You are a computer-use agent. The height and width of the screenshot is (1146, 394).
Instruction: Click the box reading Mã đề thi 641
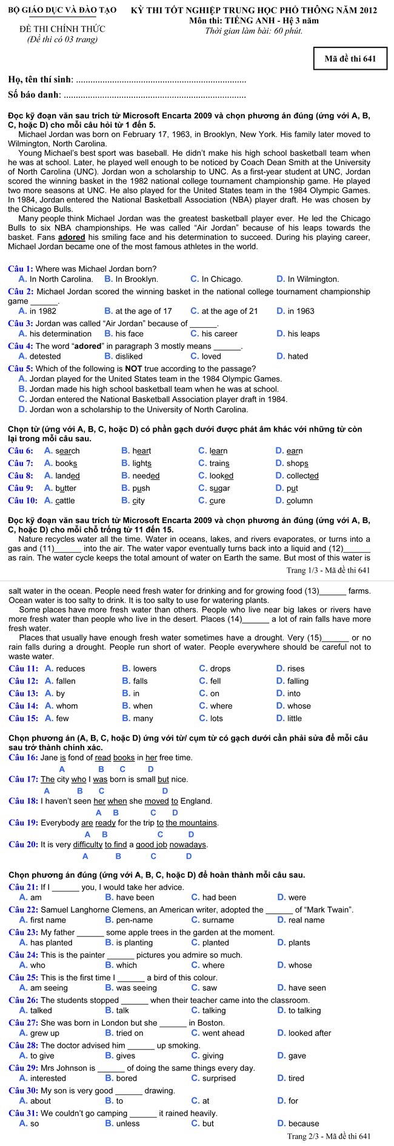click(x=350, y=59)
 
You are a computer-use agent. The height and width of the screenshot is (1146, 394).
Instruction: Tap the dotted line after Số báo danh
click(x=155, y=95)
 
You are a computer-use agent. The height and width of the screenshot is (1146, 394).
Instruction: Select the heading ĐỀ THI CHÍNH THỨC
click(x=62, y=29)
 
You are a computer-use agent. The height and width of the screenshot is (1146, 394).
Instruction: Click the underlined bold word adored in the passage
click(x=72, y=238)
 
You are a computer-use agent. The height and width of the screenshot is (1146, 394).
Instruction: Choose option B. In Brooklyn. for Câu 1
click(x=131, y=279)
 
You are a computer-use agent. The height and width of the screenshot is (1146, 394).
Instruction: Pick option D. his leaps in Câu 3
click(x=298, y=334)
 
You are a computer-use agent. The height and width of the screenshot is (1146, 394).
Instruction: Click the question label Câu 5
click(x=21, y=368)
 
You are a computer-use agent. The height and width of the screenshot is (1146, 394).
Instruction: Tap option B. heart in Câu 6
click(x=136, y=451)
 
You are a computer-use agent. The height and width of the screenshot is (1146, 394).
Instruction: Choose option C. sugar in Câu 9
click(x=214, y=488)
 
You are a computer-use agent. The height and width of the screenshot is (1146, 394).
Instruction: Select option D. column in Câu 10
click(x=294, y=501)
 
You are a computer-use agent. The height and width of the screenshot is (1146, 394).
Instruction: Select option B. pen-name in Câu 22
click(x=126, y=920)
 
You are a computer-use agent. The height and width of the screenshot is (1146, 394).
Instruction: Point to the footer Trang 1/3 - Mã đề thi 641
click(x=328, y=570)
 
